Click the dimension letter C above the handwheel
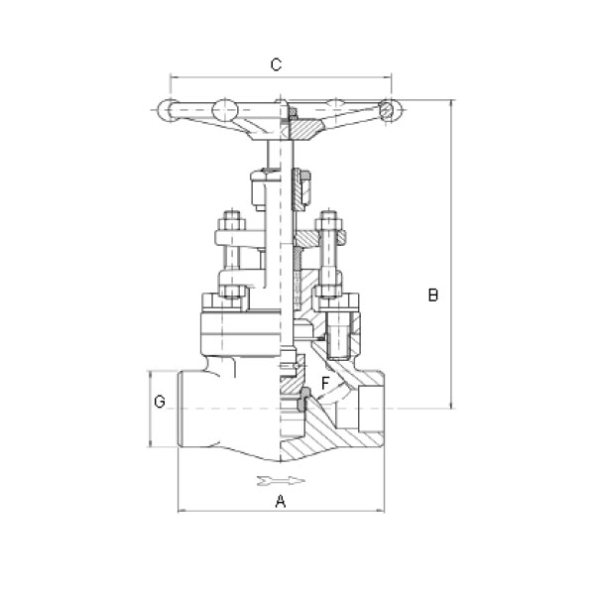[277, 64]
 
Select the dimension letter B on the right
[433, 295]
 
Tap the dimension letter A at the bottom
[281, 501]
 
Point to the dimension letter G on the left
[160, 402]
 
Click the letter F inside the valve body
[325, 383]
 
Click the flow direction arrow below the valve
[281, 480]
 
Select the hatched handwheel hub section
[305, 129]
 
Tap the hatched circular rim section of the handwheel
[387, 110]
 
